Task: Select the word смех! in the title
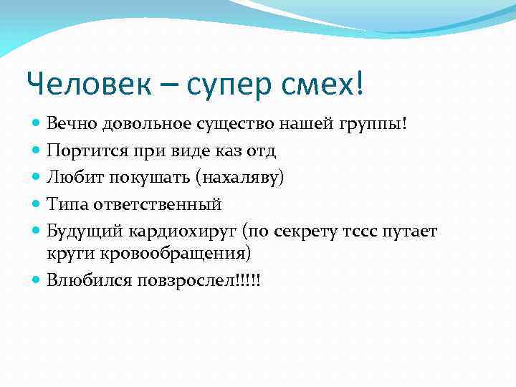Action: click(x=324, y=85)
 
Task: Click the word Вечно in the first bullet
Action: click(x=70, y=124)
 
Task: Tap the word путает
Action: click(x=411, y=231)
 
